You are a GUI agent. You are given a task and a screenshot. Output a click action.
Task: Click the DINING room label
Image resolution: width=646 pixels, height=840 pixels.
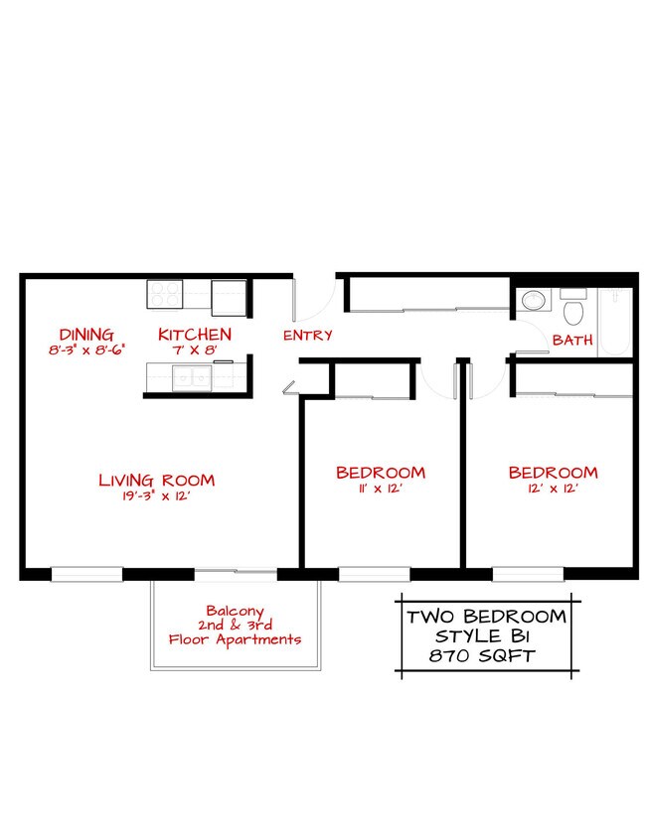[85, 335]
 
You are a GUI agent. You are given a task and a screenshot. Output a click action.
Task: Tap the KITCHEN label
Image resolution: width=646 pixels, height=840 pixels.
[195, 335]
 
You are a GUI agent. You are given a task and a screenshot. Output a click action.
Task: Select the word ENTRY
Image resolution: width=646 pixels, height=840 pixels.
[307, 336]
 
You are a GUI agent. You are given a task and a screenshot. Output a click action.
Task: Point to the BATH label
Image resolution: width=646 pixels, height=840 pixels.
[572, 340]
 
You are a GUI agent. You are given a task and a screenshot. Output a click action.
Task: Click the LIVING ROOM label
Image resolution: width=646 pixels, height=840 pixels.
[156, 481]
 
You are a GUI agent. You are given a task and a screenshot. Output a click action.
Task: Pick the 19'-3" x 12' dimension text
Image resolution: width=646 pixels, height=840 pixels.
[156, 496]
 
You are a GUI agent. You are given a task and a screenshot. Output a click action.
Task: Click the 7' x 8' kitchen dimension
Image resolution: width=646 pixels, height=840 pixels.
[195, 350]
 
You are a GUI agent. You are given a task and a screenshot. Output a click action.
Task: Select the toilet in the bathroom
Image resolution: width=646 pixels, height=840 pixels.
[572, 310]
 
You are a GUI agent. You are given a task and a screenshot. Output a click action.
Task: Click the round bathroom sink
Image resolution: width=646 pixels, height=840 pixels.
[534, 299]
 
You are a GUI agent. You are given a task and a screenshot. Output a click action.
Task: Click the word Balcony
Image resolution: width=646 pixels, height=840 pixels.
[235, 611]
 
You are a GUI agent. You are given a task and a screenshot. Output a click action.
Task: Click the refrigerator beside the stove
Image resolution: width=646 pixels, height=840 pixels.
[230, 294]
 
